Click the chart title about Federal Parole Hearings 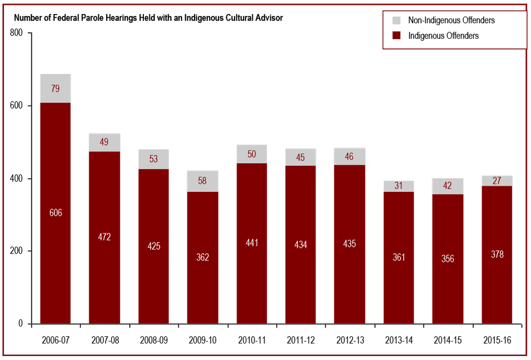[x=148, y=18]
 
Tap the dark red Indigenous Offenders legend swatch [x=396, y=36]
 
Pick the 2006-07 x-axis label [x=55, y=340]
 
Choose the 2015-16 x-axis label [x=497, y=340]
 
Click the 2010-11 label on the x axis [x=252, y=340]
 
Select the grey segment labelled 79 [x=55, y=89]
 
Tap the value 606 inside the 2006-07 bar [x=55, y=213]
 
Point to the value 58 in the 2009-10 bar [x=203, y=180]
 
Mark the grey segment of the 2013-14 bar [x=399, y=186]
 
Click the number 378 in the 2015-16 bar [x=497, y=255]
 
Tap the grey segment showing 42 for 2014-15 [x=448, y=186]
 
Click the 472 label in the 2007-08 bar [x=104, y=237]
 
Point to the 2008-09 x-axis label [x=154, y=340]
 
